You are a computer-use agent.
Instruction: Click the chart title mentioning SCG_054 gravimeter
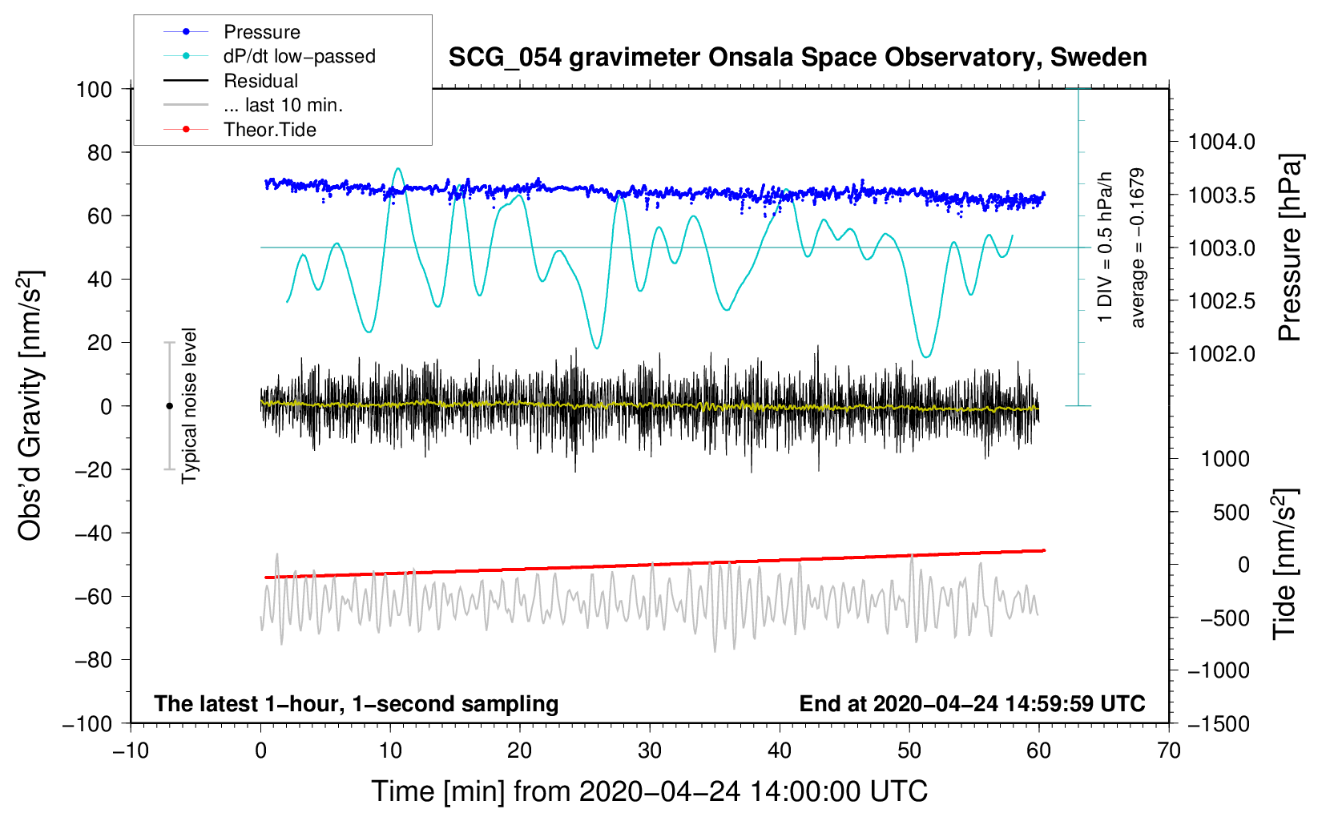click(797, 58)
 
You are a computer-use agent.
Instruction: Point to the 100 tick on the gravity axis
click(94, 90)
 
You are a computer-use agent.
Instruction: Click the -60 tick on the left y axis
click(94, 596)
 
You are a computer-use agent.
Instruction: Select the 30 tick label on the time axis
click(650, 751)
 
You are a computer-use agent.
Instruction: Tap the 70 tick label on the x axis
click(1168, 751)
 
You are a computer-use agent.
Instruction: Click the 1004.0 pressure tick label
click(1221, 142)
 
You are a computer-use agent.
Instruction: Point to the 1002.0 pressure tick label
click(1221, 354)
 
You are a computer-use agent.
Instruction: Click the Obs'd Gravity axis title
click(30, 405)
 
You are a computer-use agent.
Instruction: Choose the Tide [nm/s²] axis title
click(1285, 564)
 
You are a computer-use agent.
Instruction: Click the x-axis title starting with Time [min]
click(650, 791)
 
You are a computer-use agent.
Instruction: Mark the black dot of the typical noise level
click(169, 406)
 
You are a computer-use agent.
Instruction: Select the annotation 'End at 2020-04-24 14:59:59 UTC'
click(972, 703)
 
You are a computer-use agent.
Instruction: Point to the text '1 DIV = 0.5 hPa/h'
click(1104, 248)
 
